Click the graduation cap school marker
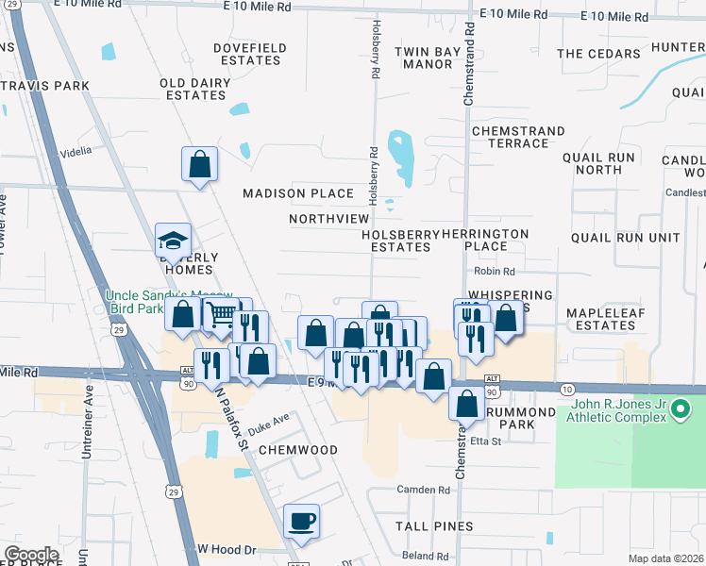coord(174,239)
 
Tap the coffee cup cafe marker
coord(301,521)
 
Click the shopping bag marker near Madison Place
coord(199,165)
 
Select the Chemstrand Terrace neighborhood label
coord(518,137)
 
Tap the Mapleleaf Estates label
coord(600,319)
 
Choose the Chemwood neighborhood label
coord(298,450)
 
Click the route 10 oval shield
coord(566,389)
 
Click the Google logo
coord(31,555)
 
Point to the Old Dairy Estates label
coord(195,89)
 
